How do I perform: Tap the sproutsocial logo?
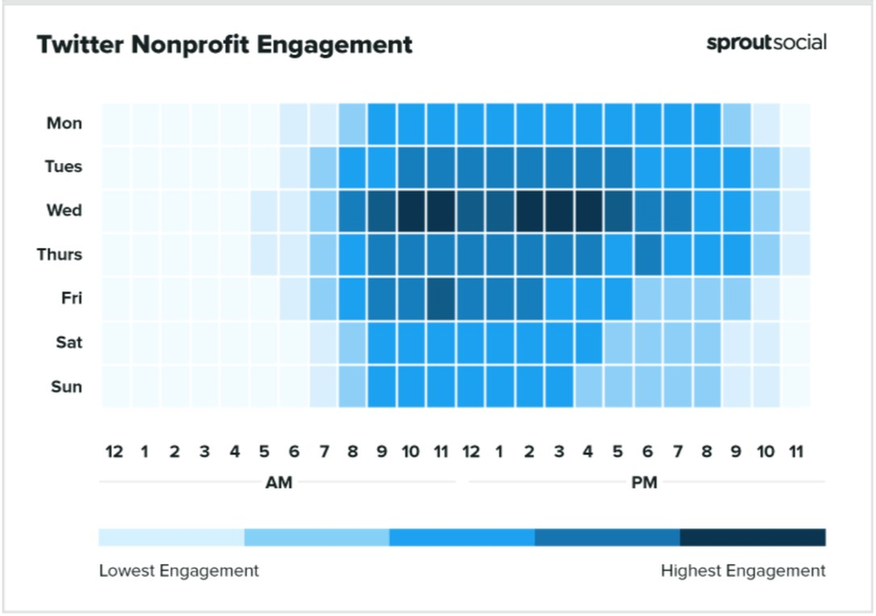[x=766, y=43]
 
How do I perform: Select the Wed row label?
[x=65, y=211]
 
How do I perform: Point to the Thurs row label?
[x=60, y=255]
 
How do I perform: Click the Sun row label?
[x=67, y=386]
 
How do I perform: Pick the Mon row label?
[x=65, y=124]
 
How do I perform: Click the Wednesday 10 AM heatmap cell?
[x=412, y=211]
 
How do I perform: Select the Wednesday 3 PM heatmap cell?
[x=560, y=211]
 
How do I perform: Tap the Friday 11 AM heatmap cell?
[x=442, y=299]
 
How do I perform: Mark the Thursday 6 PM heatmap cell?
[x=648, y=255]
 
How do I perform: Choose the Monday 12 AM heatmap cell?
[x=116, y=124]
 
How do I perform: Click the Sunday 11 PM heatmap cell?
[x=795, y=386]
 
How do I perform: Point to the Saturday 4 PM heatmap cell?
[x=589, y=343]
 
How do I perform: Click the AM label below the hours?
[x=278, y=483]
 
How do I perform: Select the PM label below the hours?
[x=644, y=483]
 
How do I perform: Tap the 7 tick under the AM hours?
[x=322, y=452]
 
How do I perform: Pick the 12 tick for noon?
[x=470, y=452]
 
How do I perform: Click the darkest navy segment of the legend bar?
[x=752, y=536]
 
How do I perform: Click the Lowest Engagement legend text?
[x=179, y=571]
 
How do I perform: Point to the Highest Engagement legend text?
[x=743, y=571]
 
